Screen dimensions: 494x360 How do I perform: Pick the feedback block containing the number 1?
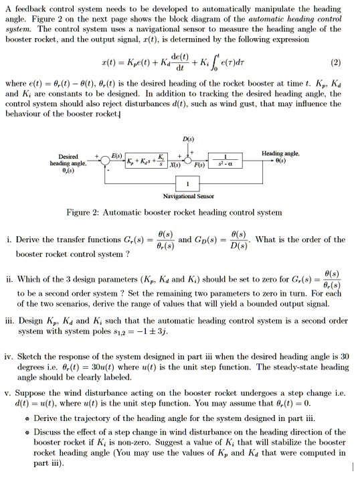[186, 184]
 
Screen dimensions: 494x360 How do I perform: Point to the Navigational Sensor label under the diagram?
[187, 197]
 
